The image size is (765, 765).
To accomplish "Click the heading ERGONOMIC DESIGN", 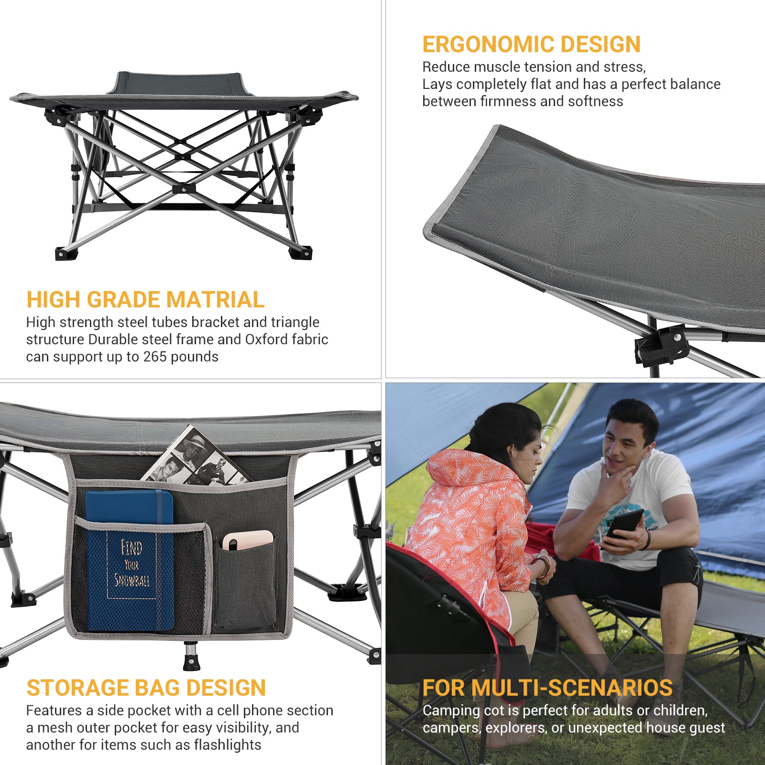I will pyautogui.click(x=531, y=44).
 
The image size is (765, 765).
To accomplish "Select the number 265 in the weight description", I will pyautogui.click(x=154, y=357).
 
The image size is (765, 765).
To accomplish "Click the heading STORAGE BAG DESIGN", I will pyautogui.click(x=146, y=688).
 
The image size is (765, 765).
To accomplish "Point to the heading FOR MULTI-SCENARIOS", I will pyautogui.click(x=547, y=688).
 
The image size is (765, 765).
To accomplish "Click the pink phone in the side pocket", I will pyautogui.click(x=248, y=540).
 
